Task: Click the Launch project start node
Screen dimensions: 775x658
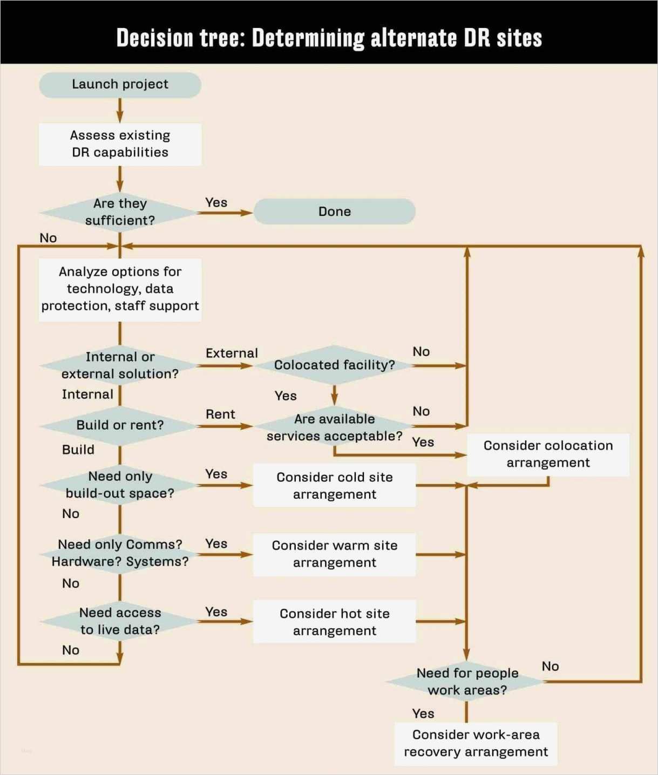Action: pos(120,85)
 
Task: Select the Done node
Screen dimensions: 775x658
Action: pos(334,212)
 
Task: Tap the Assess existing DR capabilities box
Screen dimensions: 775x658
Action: pos(120,144)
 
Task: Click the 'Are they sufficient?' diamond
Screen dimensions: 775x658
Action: pos(120,212)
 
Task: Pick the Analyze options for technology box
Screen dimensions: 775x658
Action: pos(120,289)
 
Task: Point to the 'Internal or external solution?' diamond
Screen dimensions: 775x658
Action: pos(120,365)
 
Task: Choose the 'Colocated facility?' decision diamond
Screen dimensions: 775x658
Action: pos(334,365)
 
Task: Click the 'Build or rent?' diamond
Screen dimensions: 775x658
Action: pos(120,425)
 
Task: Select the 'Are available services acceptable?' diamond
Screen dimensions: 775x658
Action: pos(334,427)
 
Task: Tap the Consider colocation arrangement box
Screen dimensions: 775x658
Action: pos(548,454)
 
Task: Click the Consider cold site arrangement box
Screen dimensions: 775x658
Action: pos(334,486)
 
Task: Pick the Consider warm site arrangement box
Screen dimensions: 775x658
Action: pos(334,554)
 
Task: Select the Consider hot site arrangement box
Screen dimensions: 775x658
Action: pos(334,622)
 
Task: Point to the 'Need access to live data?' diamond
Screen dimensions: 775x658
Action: pos(120,621)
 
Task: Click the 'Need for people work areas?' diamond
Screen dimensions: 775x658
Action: pos(467,682)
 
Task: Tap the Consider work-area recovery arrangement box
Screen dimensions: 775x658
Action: pos(476,743)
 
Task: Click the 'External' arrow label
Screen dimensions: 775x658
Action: pos(232,353)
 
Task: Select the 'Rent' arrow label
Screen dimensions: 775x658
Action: pos(220,414)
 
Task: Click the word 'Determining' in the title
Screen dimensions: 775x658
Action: pos(308,38)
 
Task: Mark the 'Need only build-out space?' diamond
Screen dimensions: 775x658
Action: pos(120,485)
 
